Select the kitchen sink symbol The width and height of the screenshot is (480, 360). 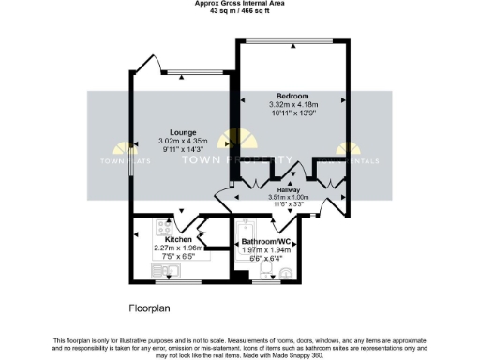point(168,271)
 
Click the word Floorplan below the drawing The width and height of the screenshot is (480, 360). point(150,307)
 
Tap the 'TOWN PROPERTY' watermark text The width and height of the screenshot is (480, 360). point(239,161)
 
